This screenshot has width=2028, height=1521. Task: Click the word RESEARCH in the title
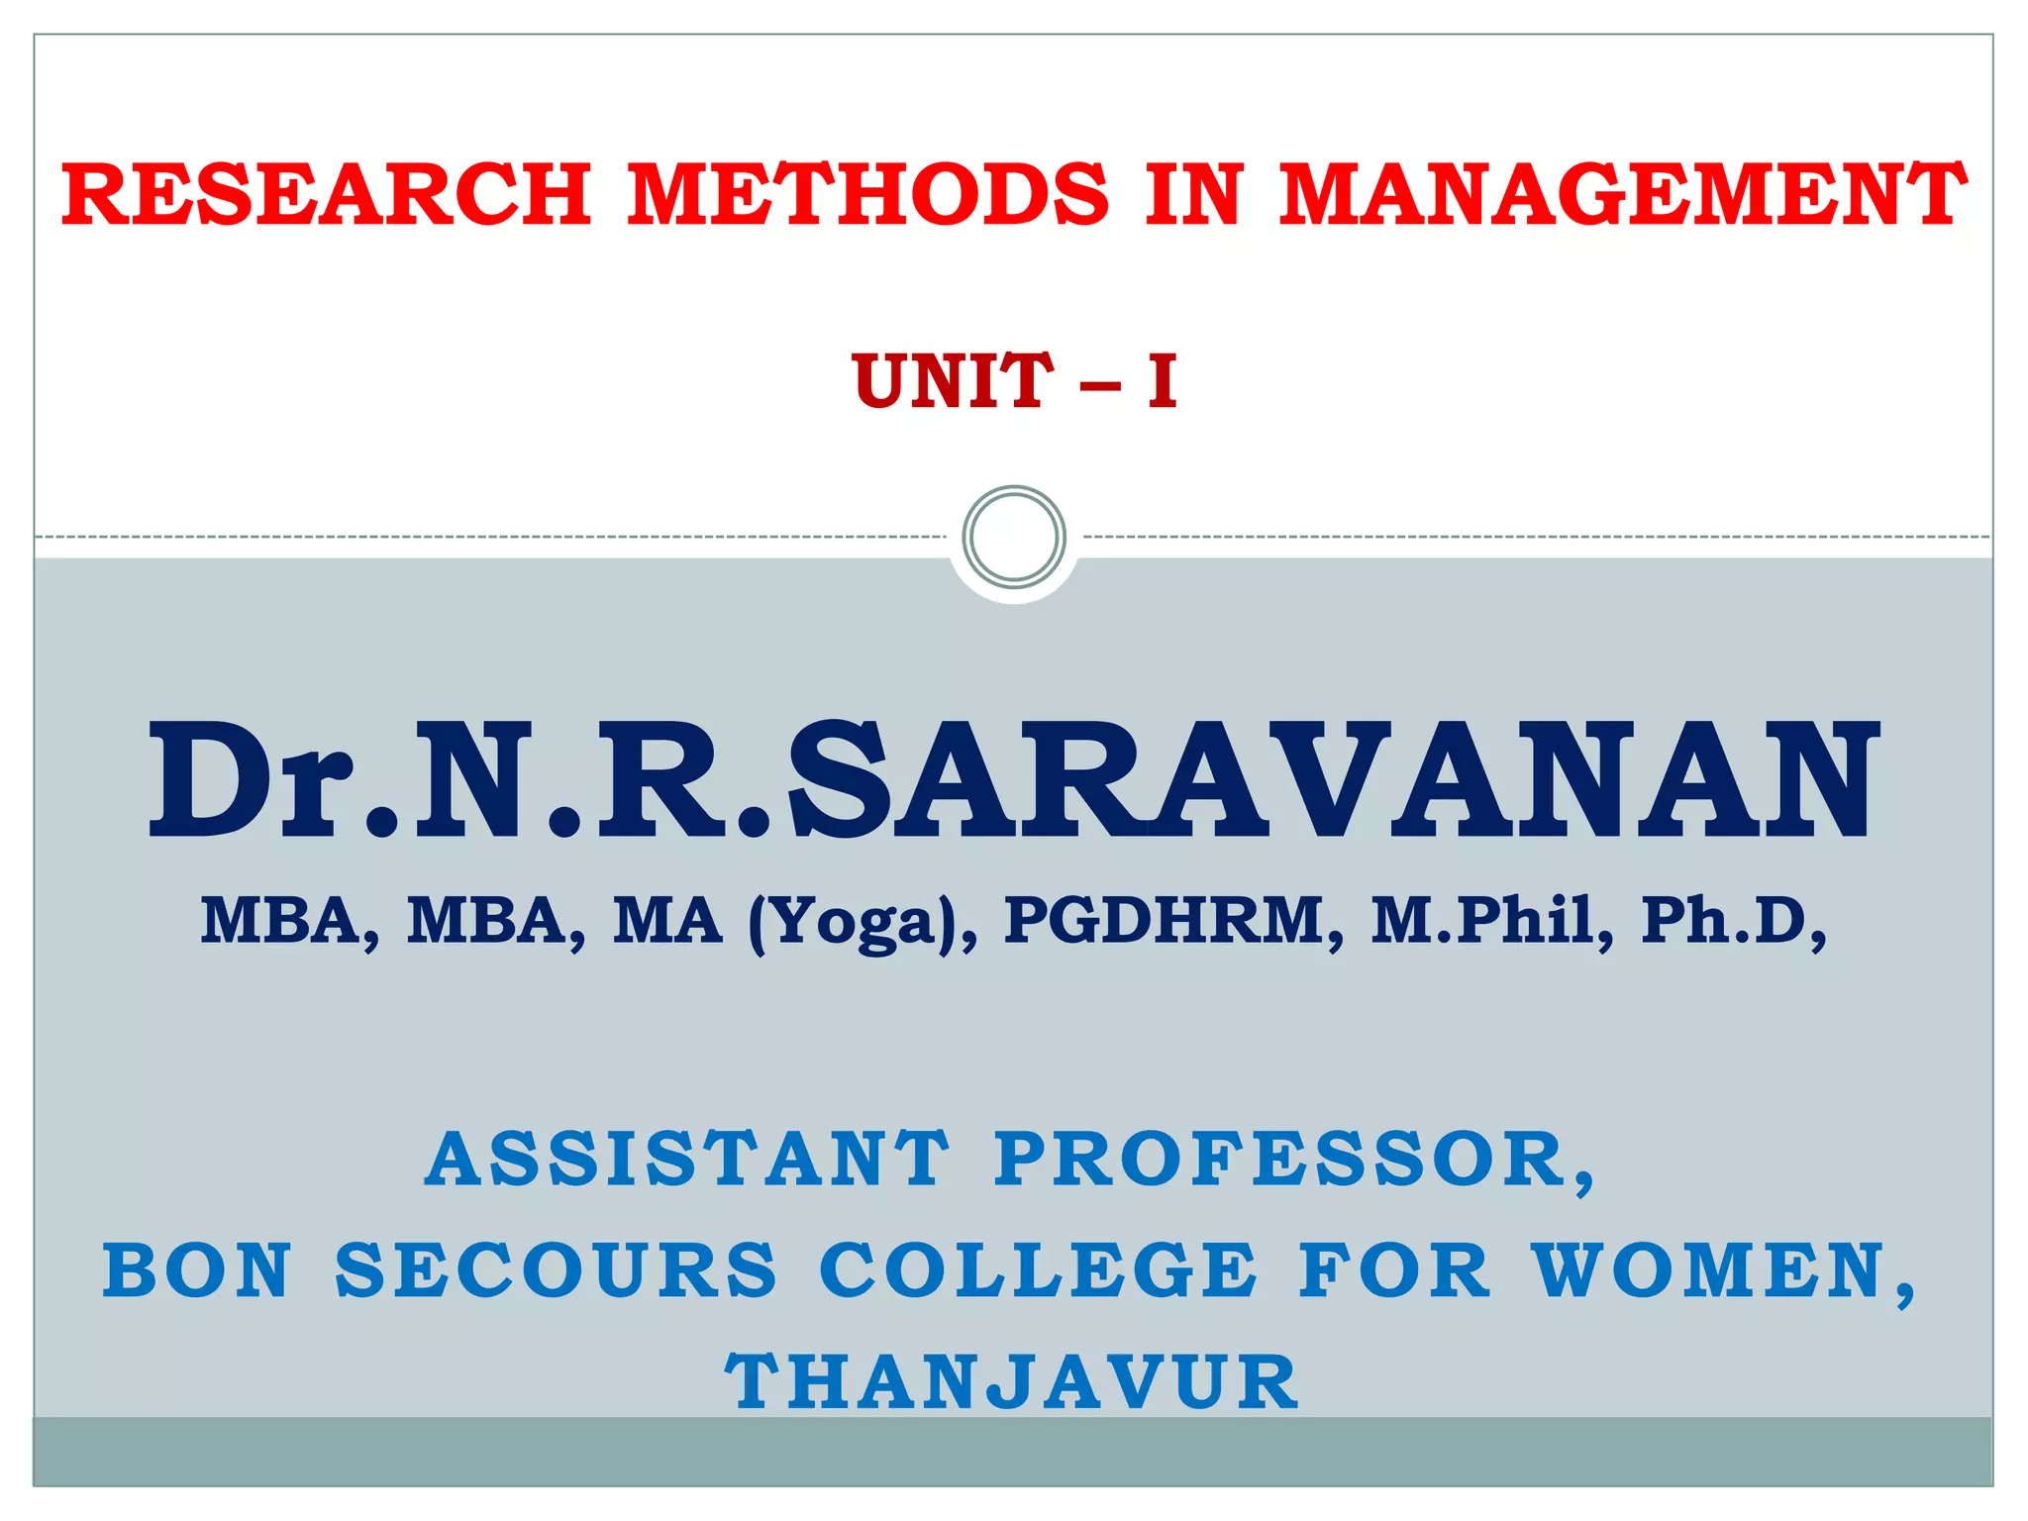tap(327, 195)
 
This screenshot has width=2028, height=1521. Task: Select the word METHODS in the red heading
tap(868, 195)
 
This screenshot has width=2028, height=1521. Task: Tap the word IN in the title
tap(1194, 195)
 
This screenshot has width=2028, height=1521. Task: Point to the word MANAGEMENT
tap(1622, 195)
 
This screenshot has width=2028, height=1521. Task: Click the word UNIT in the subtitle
tap(953, 381)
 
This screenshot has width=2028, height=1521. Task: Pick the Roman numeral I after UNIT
tap(1163, 381)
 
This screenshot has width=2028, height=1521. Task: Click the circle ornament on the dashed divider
tap(1014, 538)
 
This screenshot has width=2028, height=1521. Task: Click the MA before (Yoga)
tap(667, 920)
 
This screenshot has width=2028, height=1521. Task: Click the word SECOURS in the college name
tap(557, 1270)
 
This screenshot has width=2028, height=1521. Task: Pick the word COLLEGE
tap(1038, 1270)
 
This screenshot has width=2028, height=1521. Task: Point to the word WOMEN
tap(1709, 1270)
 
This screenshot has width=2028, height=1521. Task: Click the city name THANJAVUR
tap(1012, 1382)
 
